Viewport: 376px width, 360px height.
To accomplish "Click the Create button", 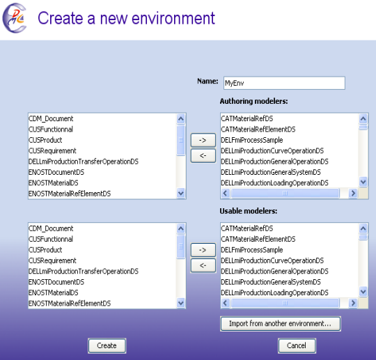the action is click(107, 345).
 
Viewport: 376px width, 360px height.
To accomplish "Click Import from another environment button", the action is click(281, 324).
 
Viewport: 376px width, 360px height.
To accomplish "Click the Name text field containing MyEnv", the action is click(284, 84).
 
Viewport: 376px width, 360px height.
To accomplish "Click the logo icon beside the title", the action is click(15, 18).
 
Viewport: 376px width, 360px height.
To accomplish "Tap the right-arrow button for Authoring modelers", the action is click(203, 140).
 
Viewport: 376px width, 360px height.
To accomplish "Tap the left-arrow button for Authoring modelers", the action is click(203, 156).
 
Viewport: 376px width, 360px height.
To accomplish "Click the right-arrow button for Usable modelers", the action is click(203, 250).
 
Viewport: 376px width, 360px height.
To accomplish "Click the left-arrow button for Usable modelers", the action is click(203, 265).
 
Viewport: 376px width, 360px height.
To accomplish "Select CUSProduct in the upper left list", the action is click(45, 140).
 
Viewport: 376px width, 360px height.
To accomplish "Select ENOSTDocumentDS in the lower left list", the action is click(56, 282).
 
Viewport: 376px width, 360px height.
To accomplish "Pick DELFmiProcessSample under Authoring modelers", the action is click(252, 140).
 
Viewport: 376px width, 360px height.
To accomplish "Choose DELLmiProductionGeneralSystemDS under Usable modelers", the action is click(271, 282).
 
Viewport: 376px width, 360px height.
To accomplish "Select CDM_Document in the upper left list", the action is click(51, 118).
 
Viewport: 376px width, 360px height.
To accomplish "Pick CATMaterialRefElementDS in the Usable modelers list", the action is click(258, 239).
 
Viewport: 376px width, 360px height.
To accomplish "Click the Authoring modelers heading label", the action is click(253, 101).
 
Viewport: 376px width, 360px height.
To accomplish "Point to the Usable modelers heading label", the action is click(249, 211).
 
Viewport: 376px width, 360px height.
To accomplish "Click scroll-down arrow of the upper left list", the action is click(181, 194).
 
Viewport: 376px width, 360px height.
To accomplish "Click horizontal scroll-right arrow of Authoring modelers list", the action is click(353, 194).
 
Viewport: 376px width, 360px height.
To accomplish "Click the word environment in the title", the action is click(173, 18).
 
